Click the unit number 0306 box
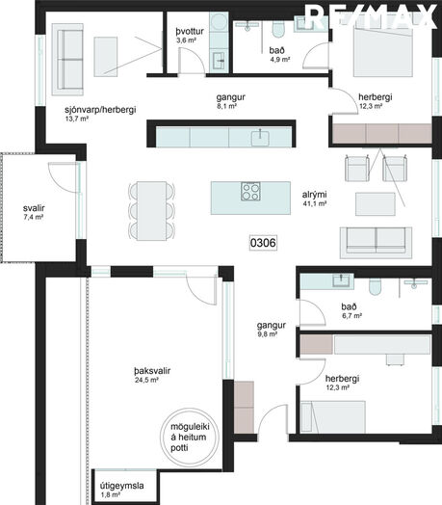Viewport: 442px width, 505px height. click(x=263, y=243)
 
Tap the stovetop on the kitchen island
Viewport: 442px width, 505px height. click(x=250, y=192)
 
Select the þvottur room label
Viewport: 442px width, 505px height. click(x=190, y=31)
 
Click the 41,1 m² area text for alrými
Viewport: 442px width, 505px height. click(x=315, y=203)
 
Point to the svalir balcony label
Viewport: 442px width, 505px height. click(x=34, y=208)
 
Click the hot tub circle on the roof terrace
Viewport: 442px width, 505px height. click(x=190, y=437)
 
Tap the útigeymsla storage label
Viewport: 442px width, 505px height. click(x=121, y=486)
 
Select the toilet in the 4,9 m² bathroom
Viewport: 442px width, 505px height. click(x=278, y=28)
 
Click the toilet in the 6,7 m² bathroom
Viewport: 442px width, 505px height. click(x=375, y=286)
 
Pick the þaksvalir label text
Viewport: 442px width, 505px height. click(x=152, y=371)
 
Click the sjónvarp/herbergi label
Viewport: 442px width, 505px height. click(x=100, y=110)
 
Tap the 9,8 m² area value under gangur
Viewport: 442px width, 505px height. click(x=267, y=334)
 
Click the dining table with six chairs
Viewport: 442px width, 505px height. click(x=151, y=211)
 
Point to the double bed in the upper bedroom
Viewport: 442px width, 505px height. click(x=382, y=51)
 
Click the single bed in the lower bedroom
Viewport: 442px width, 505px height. click(x=332, y=416)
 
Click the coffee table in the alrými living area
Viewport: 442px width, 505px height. click(x=375, y=204)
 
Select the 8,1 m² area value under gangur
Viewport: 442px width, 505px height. click(x=227, y=106)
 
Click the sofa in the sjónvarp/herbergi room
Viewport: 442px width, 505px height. click(x=67, y=59)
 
